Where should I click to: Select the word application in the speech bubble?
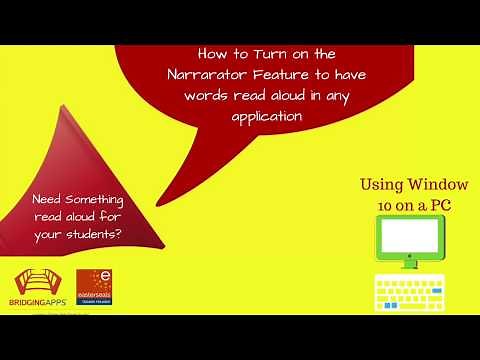click(263, 116)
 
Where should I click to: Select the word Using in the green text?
click(384, 186)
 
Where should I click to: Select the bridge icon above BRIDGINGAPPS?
click(36, 285)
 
